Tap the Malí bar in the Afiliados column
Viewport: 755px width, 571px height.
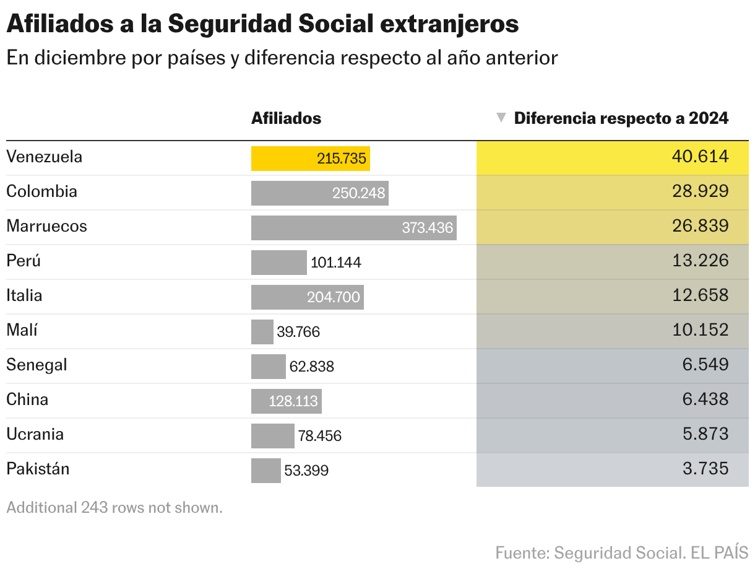262,332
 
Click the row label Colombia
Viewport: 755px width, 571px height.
41,191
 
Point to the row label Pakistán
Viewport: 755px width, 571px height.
38,469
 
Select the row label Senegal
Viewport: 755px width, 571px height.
37,365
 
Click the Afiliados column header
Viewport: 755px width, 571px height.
286,118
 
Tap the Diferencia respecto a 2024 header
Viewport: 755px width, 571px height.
621,118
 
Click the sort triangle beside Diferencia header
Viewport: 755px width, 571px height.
501,118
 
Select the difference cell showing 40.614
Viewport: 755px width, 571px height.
700,157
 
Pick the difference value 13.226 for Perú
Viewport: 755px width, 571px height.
700,261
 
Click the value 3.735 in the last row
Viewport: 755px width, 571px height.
705,469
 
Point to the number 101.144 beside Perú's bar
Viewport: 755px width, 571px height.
335,263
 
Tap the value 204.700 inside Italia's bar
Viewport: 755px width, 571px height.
333,297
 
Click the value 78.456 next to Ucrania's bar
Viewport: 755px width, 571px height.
319,436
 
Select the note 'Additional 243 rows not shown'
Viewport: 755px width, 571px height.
114,508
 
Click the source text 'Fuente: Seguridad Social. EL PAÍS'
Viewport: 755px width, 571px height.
621,552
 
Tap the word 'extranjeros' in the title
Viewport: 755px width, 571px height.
449,24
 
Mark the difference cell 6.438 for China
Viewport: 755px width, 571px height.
705,399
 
